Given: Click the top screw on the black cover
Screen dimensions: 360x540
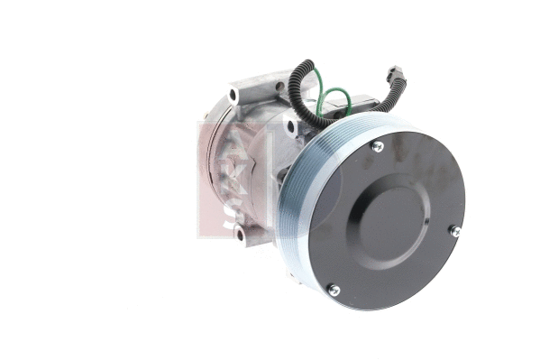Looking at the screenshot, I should click(x=378, y=146).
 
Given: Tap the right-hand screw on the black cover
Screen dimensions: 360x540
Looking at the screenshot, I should click(x=455, y=231).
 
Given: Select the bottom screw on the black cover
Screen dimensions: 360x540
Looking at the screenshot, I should click(x=333, y=289).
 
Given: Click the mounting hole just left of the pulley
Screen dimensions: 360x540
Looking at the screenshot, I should click(x=290, y=127).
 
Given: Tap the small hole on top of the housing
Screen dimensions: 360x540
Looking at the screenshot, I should click(x=280, y=87).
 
